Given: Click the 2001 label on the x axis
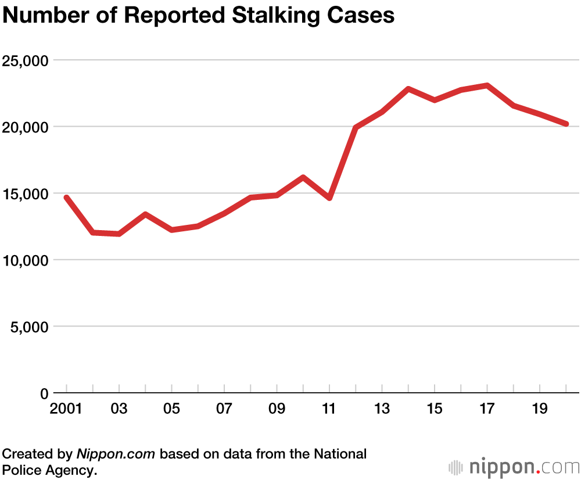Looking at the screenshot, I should point(67,409).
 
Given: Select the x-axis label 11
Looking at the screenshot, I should point(329,409).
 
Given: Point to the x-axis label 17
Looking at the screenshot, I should point(487,409).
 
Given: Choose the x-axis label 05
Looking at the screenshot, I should point(171,409).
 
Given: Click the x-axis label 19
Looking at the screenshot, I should point(540,409).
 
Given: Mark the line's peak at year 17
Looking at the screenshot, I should point(487,85).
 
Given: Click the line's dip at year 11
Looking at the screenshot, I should point(329,198).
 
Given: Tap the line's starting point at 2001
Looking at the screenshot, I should point(67,198).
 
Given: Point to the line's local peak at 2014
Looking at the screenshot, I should point(408,89).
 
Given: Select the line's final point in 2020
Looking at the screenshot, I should point(566,124).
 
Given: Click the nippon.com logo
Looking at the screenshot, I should point(514,467).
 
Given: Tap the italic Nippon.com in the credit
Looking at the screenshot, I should point(116,454).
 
